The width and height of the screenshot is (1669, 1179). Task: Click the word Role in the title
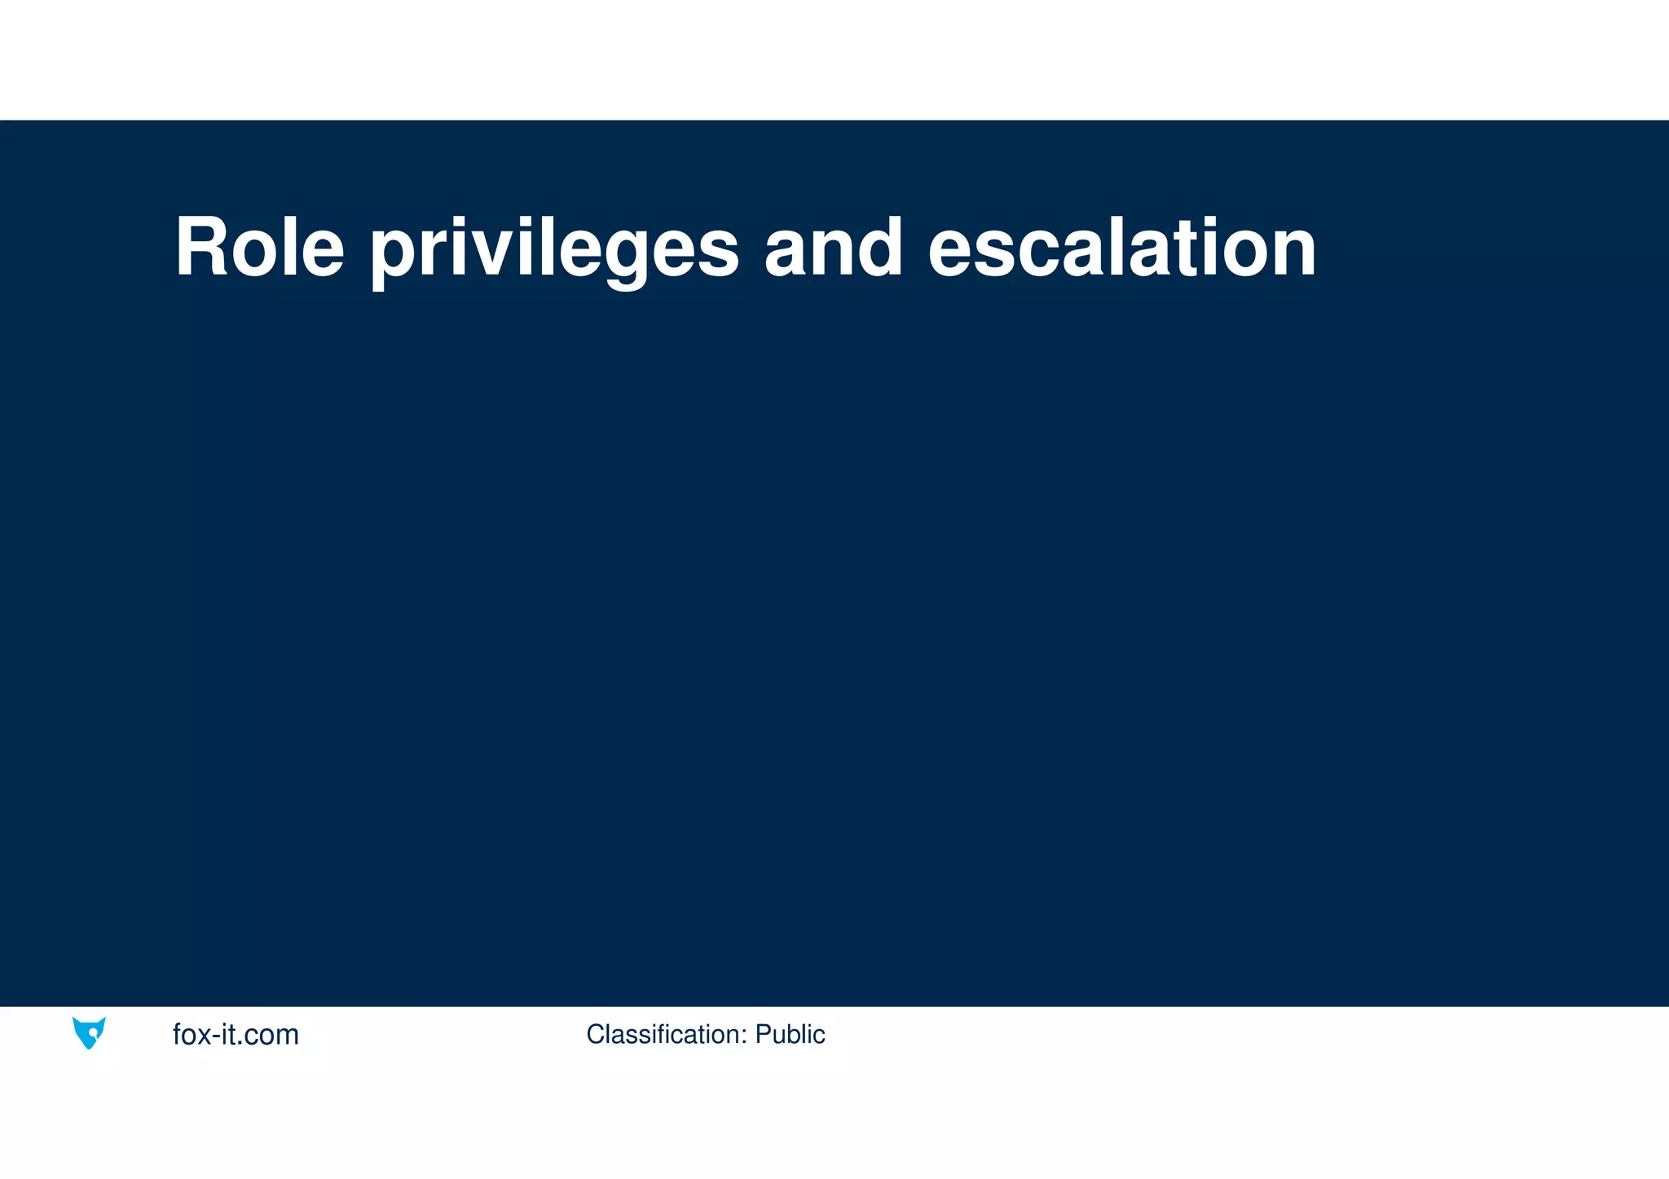[259, 248]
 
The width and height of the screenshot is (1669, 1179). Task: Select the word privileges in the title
[554, 248]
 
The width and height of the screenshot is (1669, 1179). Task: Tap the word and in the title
[833, 248]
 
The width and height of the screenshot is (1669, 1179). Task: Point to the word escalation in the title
[1121, 248]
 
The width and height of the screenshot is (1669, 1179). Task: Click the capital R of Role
[201, 248]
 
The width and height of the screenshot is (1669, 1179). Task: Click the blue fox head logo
[89, 1032]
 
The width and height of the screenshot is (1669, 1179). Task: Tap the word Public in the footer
[790, 1034]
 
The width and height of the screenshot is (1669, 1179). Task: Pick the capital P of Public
[763, 1034]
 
